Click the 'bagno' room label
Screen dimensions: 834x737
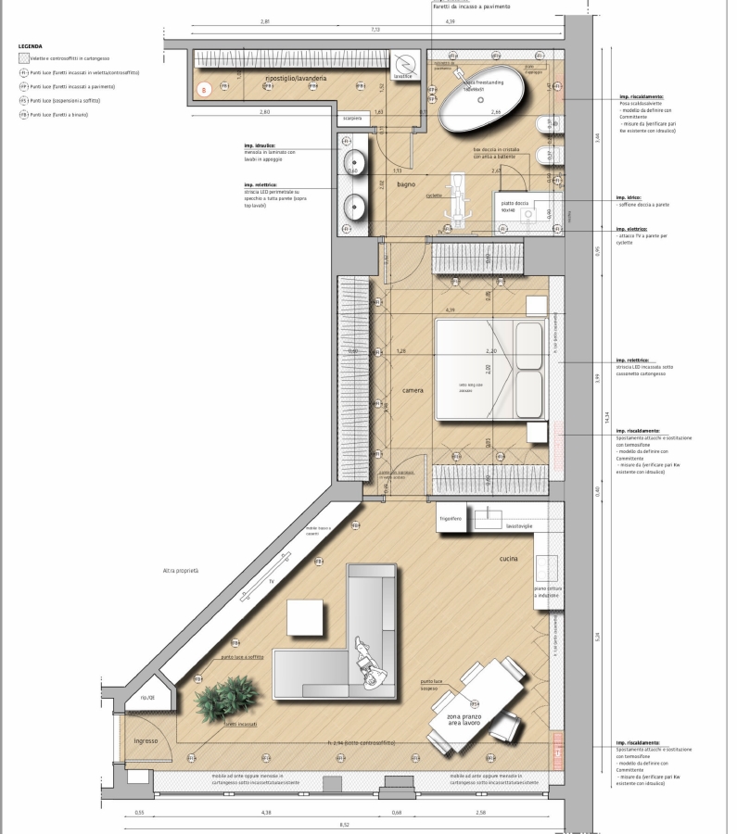point(406,185)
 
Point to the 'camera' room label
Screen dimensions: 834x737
point(413,390)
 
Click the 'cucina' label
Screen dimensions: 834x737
point(506,559)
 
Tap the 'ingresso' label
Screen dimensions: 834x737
point(146,740)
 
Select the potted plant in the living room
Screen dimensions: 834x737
point(223,698)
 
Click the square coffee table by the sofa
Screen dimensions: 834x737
point(305,617)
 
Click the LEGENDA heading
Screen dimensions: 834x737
point(30,44)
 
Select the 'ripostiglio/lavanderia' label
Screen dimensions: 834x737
point(296,80)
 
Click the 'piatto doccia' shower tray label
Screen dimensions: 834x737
point(514,202)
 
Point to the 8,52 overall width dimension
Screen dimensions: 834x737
point(344,824)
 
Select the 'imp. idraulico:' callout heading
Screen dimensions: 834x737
point(260,145)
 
